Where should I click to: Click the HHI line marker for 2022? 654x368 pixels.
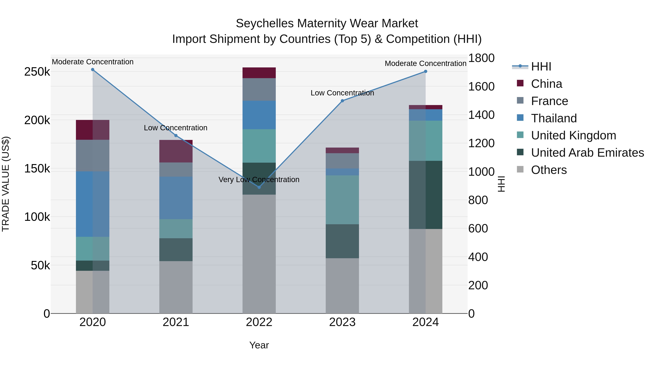(259, 187)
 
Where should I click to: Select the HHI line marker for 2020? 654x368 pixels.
(93, 70)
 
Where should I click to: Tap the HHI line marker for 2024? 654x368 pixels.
(425, 71)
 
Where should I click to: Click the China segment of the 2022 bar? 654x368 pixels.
(259, 73)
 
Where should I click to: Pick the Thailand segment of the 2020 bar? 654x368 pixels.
(93, 204)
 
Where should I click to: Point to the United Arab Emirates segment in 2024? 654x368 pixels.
(425, 195)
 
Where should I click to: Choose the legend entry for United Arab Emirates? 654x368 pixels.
(587, 153)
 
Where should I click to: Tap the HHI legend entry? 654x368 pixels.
(541, 67)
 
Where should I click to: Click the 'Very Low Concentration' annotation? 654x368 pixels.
(259, 180)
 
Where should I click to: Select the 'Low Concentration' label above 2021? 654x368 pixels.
(175, 128)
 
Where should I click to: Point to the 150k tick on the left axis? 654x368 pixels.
(37, 169)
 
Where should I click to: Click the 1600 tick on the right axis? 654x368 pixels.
(481, 87)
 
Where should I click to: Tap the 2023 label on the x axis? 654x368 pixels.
(342, 322)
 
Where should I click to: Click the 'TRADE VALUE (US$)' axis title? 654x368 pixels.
(6, 184)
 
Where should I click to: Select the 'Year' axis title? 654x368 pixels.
(259, 345)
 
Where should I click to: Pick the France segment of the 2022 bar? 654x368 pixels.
(259, 89)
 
